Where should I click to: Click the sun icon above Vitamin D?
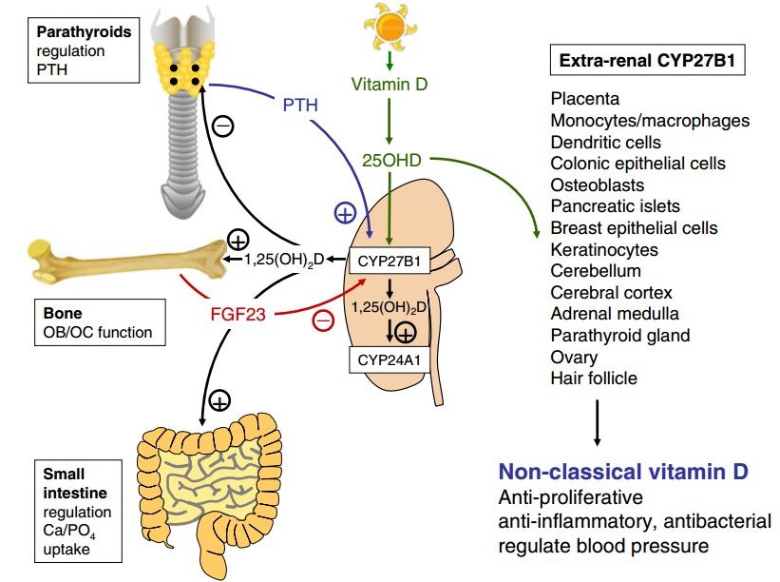point(390,28)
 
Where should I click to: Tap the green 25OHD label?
point(390,160)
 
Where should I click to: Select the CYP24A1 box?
point(388,360)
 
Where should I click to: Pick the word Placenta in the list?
point(584,99)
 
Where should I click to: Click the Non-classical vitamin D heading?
point(624,473)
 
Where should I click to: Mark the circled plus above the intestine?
point(219,401)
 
